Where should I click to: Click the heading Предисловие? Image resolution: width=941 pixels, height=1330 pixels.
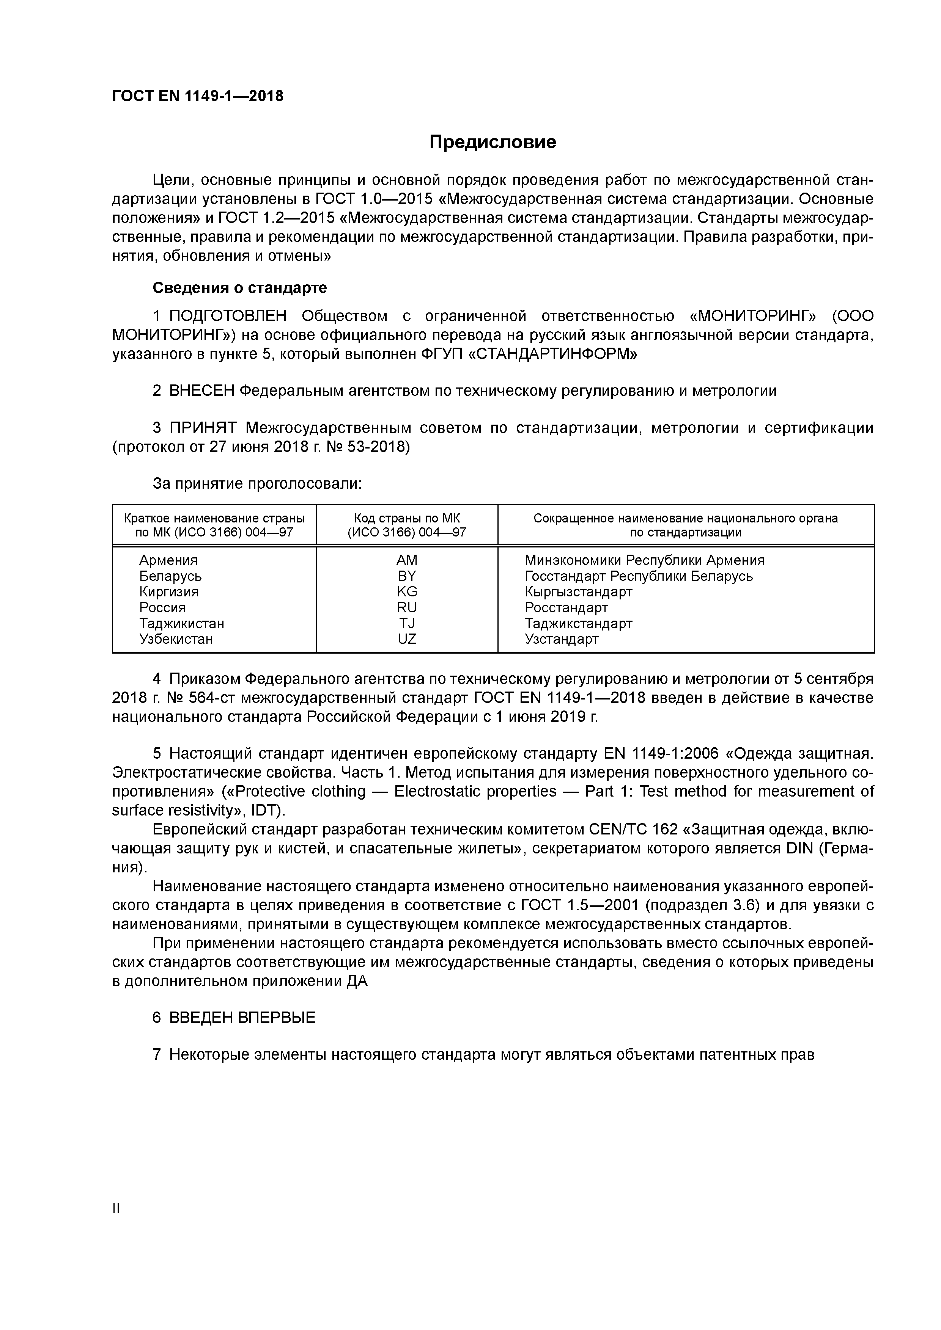tap(492, 142)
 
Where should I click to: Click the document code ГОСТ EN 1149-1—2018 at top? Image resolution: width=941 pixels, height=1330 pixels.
tap(197, 96)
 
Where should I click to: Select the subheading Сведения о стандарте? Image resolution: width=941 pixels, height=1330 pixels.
tap(239, 288)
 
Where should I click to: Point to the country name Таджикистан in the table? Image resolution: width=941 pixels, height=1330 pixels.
tap(181, 623)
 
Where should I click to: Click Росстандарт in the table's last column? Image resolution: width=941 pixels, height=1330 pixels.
tap(566, 608)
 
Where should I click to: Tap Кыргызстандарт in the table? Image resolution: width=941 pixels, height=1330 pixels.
tap(578, 591)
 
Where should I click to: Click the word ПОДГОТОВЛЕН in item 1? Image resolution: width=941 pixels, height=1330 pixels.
tap(228, 316)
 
